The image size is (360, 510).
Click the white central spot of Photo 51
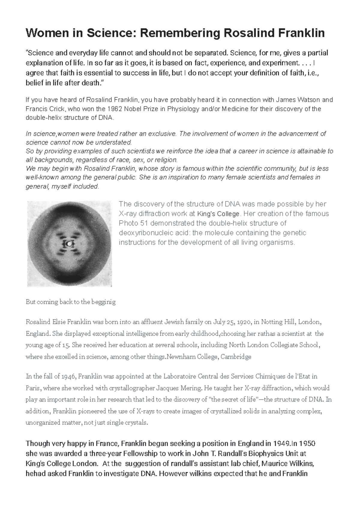pos(70,244)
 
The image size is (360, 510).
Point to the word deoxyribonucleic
pos(139,233)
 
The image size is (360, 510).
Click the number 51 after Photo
pos(143,223)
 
